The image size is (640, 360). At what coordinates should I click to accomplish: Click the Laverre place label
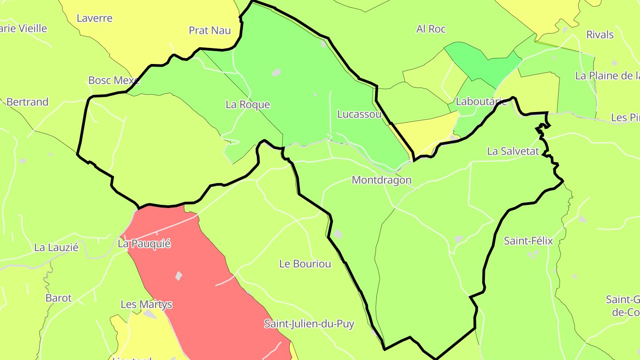pos(94,18)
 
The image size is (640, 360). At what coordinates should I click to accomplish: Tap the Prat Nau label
pos(210,30)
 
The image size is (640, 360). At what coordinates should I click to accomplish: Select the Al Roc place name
pos(431,29)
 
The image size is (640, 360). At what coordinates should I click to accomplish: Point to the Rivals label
pos(600,35)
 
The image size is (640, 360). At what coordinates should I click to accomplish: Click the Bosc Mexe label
pos(114,80)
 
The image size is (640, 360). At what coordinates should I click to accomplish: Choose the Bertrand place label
pos(27,102)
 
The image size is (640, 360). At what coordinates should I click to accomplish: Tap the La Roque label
pos(248,104)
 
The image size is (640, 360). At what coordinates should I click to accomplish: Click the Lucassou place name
pos(359,114)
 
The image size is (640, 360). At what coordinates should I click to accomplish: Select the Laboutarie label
pos(481,102)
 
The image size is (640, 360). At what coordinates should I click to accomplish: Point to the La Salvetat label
pos(512,151)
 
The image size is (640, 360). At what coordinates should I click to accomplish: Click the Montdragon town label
pos(381,180)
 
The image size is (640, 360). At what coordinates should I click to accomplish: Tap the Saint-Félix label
pos(528,241)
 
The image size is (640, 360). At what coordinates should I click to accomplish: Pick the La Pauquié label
pos(144,244)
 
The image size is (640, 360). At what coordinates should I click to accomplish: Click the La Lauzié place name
pos(56,247)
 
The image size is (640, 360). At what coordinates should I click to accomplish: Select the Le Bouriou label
pos(305,264)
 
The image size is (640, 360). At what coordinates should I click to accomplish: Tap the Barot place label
pos(58,298)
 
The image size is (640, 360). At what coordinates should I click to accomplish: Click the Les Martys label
pos(146,304)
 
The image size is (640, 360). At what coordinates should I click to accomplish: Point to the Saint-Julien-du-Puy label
pos(309,324)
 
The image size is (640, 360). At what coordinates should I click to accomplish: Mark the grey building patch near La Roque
pos(276,72)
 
